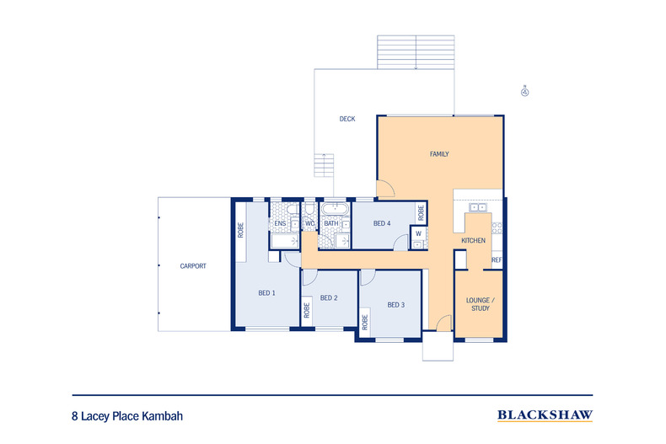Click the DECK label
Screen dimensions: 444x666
coord(346,119)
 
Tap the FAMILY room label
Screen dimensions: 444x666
coord(439,154)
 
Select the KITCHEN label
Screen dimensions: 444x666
coord(473,241)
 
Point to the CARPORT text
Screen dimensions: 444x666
coord(193,266)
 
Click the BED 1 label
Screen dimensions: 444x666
coord(267,292)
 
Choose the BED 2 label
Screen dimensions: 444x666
coord(329,297)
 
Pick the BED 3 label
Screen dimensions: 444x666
coord(396,304)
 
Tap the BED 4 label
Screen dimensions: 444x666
coord(382,223)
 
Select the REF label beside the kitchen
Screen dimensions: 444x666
coord(497,260)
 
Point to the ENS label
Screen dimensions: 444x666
coord(280,223)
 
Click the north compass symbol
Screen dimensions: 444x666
coord(524,91)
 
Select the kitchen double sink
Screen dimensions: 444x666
coord(478,206)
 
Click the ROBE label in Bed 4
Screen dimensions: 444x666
coord(419,212)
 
